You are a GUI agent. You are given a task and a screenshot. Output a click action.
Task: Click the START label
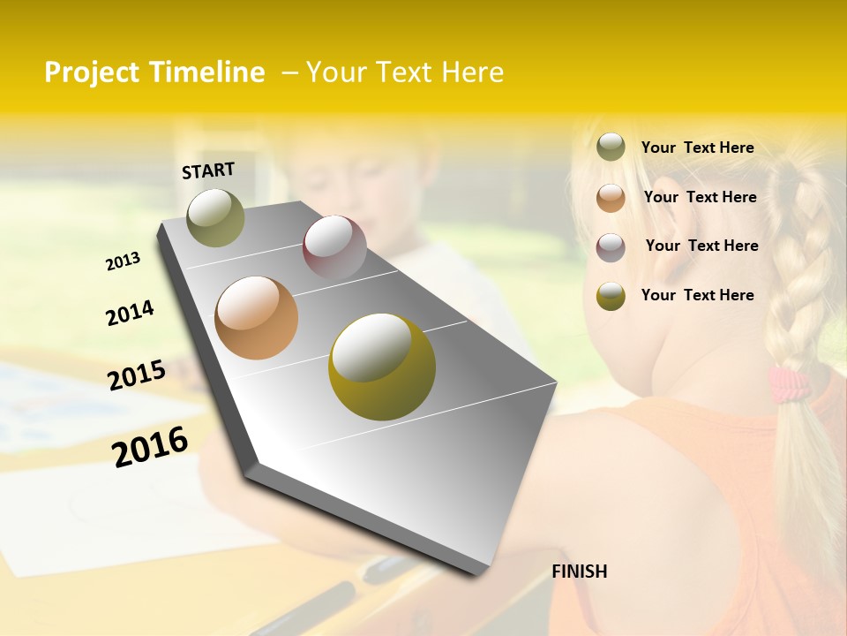pyautogui.click(x=208, y=170)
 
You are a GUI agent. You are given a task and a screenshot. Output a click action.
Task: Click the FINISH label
pyautogui.click(x=579, y=572)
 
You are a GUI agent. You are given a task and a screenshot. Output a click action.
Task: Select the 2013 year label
pyautogui.click(x=124, y=261)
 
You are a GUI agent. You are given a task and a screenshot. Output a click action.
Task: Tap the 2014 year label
pyautogui.click(x=130, y=314)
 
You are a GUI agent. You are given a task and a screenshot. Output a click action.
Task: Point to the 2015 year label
pyautogui.click(x=137, y=375)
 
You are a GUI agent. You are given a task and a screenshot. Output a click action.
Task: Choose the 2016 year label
pyautogui.click(x=150, y=446)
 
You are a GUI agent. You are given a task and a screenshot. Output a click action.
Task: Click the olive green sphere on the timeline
pyautogui.click(x=215, y=217)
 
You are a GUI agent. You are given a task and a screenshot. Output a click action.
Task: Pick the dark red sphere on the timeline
pyautogui.click(x=334, y=247)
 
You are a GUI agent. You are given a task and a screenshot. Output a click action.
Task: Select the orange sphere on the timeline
pyautogui.click(x=256, y=318)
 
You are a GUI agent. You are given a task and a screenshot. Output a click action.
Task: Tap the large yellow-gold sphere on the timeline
pyautogui.click(x=381, y=367)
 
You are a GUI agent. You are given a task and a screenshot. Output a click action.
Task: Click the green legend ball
pyautogui.click(x=611, y=148)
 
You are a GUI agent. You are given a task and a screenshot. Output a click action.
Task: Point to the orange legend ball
pyautogui.click(x=611, y=198)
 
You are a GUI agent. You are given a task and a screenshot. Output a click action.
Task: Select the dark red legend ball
pyautogui.click(x=611, y=246)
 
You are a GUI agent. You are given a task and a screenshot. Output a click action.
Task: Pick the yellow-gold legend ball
pyautogui.click(x=611, y=296)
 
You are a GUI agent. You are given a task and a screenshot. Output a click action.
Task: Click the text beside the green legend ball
pyautogui.click(x=697, y=148)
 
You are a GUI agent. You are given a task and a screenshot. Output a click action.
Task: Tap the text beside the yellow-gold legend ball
pyautogui.click(x=697, y=295)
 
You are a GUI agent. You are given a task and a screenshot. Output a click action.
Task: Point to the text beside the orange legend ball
pyautogui.click(x=700, y=197)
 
